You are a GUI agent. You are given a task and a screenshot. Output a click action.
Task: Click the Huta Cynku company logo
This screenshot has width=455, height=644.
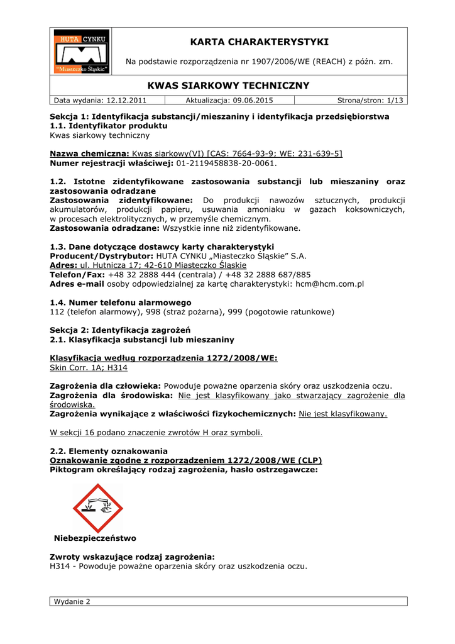[80, 52]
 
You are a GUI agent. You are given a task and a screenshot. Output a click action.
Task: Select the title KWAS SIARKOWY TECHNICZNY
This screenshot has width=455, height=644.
[228, 86]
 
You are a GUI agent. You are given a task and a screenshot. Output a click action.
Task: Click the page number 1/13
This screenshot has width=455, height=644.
[393, 100]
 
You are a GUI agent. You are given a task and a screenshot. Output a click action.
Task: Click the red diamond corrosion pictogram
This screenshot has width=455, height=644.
[98, 508]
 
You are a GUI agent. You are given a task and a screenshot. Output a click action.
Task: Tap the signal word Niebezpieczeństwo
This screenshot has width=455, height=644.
[95, 538]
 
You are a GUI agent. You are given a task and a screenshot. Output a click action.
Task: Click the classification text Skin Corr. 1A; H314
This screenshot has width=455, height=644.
[88, 367]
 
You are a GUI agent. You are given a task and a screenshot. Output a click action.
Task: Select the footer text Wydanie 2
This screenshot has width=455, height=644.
[72, 602]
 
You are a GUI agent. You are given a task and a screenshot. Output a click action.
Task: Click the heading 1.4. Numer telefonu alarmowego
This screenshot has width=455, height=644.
[120, 303]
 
